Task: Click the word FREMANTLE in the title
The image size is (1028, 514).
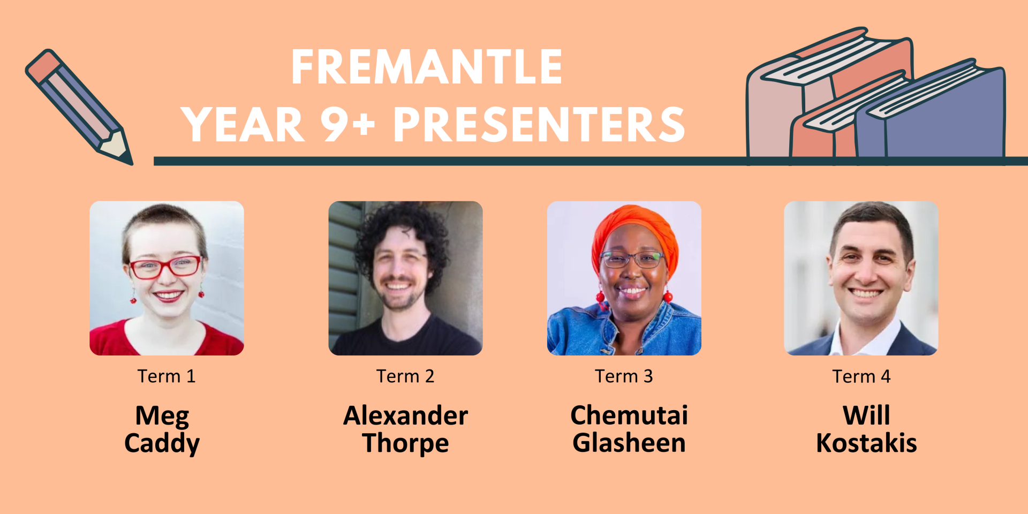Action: tap(427, 67)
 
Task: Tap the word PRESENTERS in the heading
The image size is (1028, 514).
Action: tap(539, 124)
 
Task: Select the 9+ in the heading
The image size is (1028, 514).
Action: tap(348, 124)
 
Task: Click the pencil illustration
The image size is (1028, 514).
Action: tap(79, 107)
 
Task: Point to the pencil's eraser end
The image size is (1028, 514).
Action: tap(43, 66)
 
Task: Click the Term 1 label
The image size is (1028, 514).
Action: tap(167, 376)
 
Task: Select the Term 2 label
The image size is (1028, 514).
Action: tap(405, 376)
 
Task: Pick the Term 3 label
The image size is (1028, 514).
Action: tap(624, 376)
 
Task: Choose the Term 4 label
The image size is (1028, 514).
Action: tap(861, 376)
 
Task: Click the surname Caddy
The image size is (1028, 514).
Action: tap(162, 444)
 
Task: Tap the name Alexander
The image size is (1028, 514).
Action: tap(405, 415)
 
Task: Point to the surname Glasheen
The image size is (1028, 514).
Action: tap(629, 443)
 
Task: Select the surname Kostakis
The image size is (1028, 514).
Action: tap(866, 443)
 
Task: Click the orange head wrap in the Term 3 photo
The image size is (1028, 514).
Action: tap(634, 230)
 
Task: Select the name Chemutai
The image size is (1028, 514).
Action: tap(629, 415)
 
